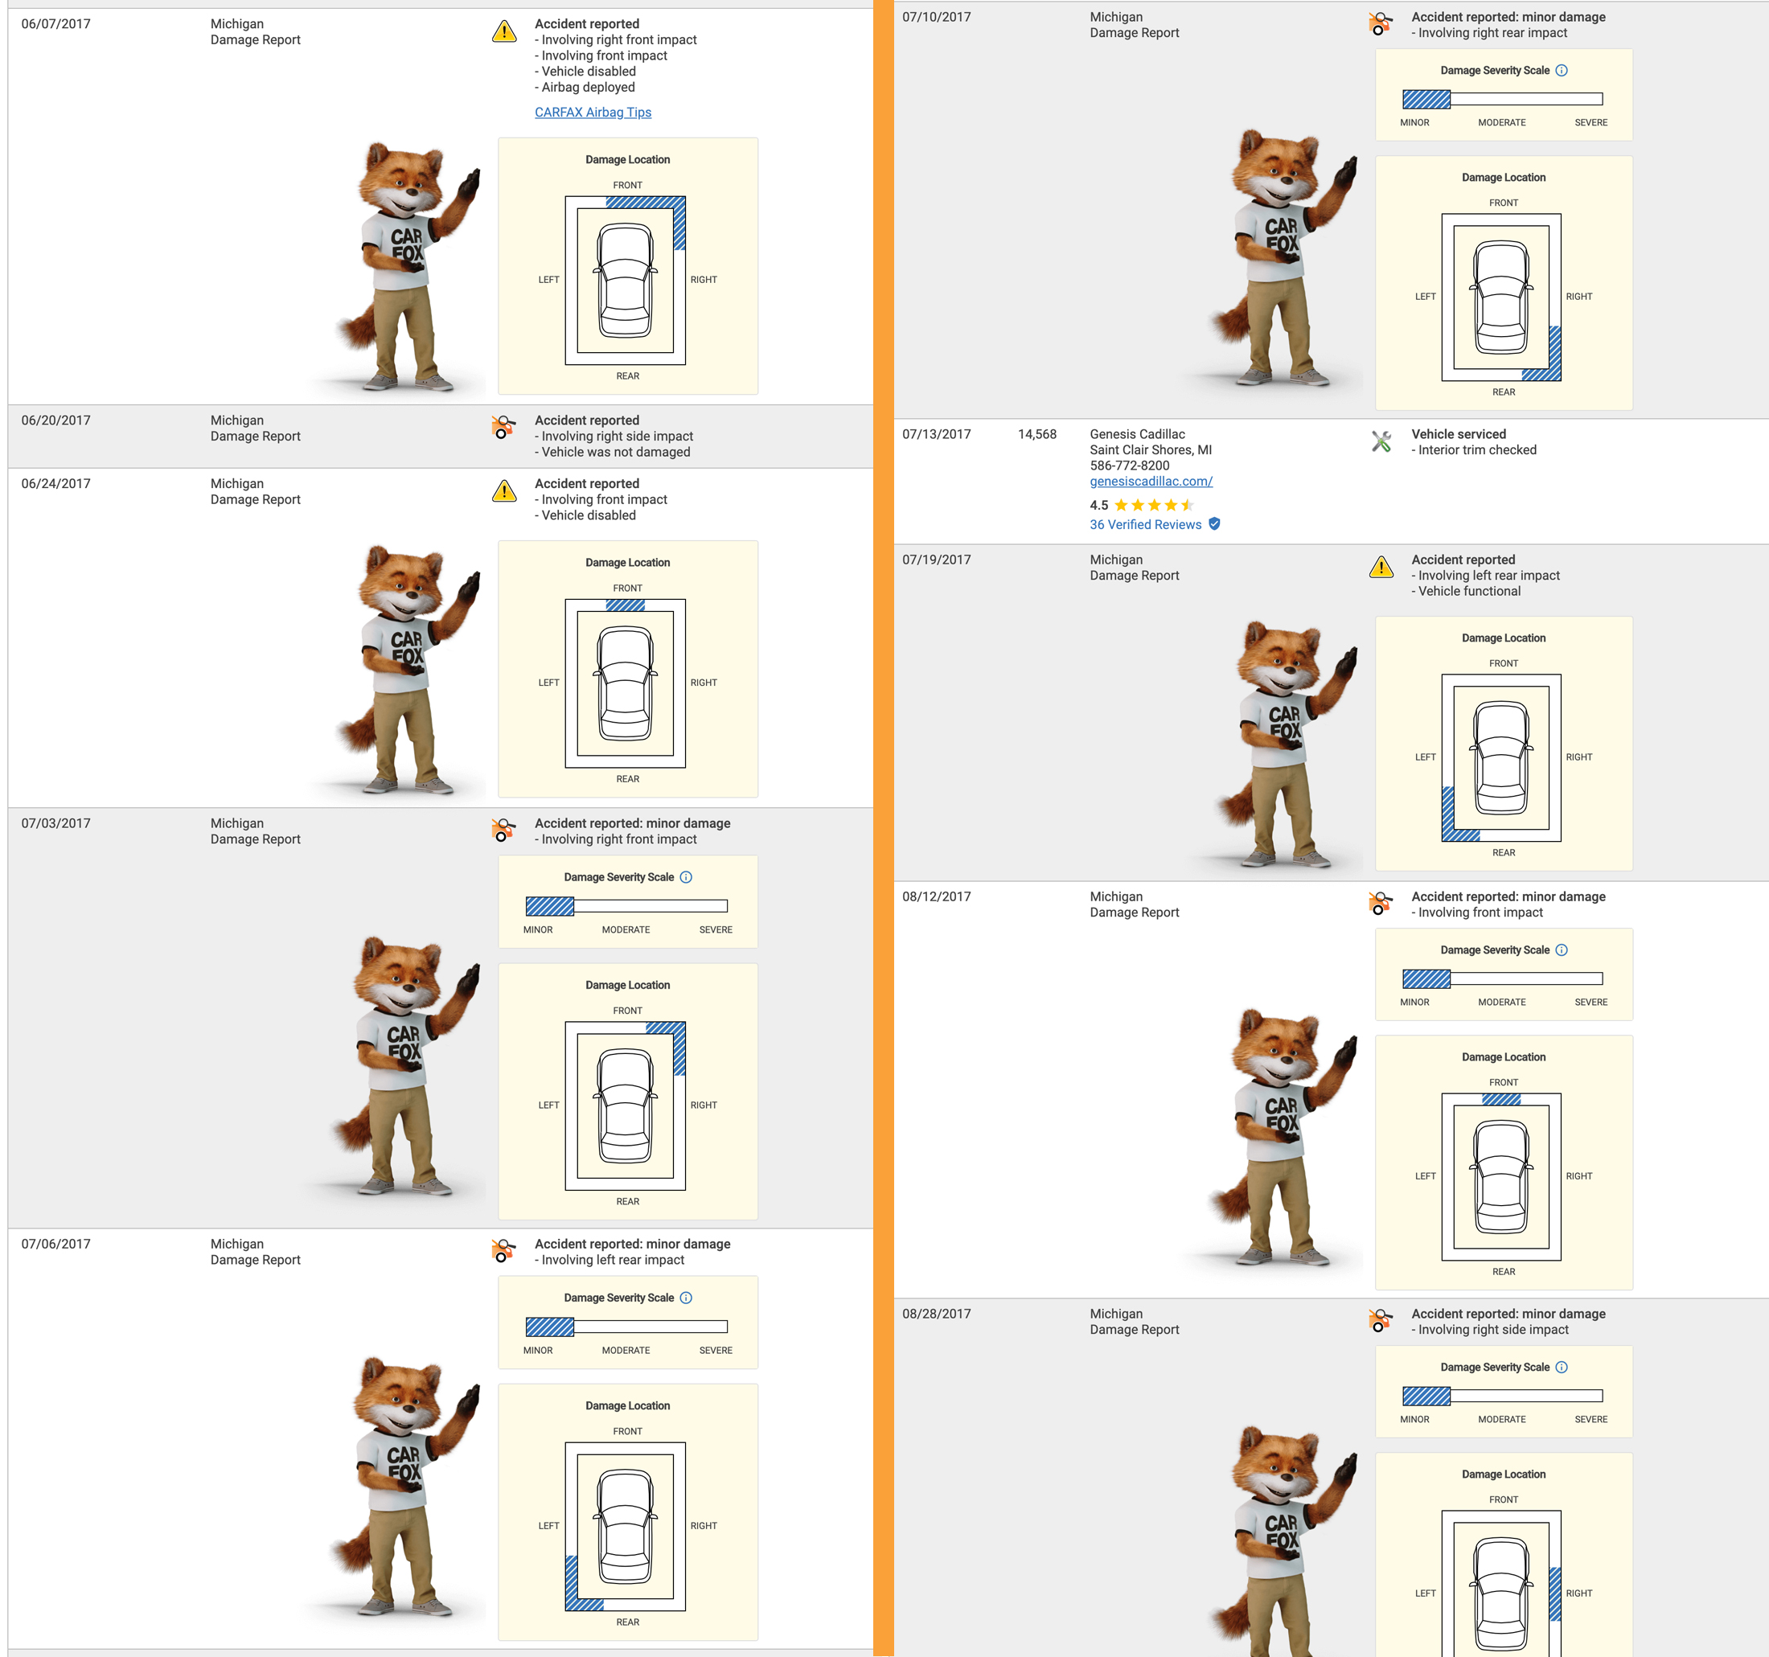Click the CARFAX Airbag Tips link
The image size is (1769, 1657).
click(593, 112)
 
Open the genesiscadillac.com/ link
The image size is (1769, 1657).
click(1151, 482)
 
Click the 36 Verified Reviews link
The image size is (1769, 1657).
click(1145, 525)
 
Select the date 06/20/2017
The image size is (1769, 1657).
click(56, 420)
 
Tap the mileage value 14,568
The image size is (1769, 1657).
click(1036, 434)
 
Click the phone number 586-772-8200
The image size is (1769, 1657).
click(1129, 466)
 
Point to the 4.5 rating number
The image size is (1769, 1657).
click(1099, 506)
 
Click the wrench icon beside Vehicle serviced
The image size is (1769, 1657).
click(1381, 441)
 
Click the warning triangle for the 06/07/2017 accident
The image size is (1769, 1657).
click(504, 31)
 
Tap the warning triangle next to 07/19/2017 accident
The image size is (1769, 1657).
click(1381, 567)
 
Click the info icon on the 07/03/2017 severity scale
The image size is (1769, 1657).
click(686, 877)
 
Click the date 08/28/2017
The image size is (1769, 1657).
click(936, 1314)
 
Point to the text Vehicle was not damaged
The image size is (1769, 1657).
click(616, 452)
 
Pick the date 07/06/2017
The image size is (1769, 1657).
click(56, 1244)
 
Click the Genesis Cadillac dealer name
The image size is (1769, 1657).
click(1137, 434)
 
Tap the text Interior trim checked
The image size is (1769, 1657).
click(1477, 450)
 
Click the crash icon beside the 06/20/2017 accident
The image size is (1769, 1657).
click(503, 427)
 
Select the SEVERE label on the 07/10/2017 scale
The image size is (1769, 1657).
click(1591, 123)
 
